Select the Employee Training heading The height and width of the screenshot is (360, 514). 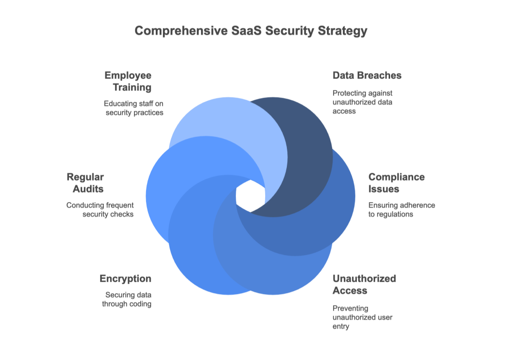pyautogui.click(x=128, y=81)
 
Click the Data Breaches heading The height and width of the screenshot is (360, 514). pyautogui.click(x=367, y=76)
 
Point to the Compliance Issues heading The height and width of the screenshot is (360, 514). pyautogui.click(x=396, y=183)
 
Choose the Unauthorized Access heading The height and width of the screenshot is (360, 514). pyautogui.click(x=364, y=284)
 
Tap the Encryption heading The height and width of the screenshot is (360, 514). pyautogui.click(x=125, y=279)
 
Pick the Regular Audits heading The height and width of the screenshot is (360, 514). pyautogui.click(x=85, y=183)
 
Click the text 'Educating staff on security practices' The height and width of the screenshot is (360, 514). pyautogui.click(x=134, y=108)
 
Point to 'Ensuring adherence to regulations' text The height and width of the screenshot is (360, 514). pyautogui.click(x=401, y=210)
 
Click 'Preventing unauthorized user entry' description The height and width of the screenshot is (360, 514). pyautogui.click(x=362, y=317)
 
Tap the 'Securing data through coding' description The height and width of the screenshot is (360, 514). pyautogui.click(x=128, y=300)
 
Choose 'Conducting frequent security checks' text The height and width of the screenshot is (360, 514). pyautogui.click(x=100, y=210)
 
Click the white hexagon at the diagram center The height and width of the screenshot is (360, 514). pyautogui.click(x=250, y=196)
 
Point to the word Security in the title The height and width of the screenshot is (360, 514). pyautogui.click(x=287, y=31)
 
